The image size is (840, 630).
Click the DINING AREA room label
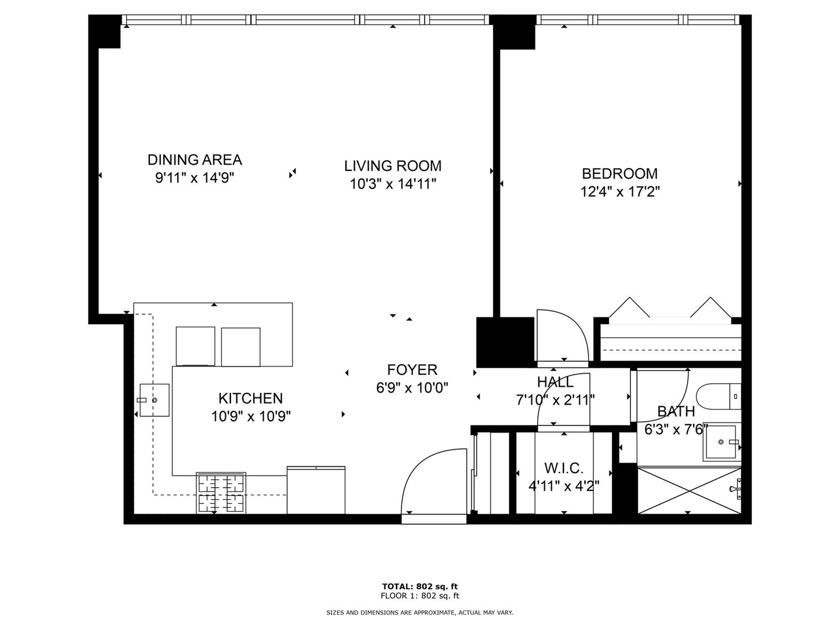coord(194,159)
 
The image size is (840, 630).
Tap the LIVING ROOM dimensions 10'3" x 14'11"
coord(393,184)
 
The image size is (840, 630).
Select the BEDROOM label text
coord(619,173)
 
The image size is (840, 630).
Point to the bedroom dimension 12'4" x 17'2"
coord(619,191)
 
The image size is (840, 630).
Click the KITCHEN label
coord(250,398)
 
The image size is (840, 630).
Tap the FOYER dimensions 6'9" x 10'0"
coord(412,387)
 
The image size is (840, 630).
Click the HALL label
coord(555,382)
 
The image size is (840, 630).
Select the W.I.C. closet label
coord(563,468)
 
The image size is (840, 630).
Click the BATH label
coord(675,411)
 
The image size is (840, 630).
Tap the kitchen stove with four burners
coord(220,494)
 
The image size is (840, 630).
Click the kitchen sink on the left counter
coord(154,400)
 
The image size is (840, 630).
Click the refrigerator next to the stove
coord(316,490)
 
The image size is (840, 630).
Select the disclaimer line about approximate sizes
coord(419,612)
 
